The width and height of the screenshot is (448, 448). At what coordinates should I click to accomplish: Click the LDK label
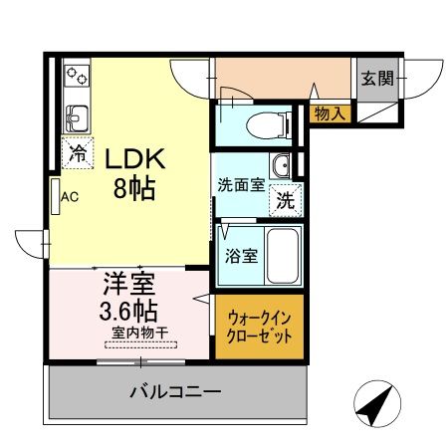click(129, 160)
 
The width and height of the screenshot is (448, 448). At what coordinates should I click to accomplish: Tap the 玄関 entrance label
click(377, 79)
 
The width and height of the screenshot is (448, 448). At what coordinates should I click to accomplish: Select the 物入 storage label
click(328, 113)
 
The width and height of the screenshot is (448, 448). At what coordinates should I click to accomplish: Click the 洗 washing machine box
click(286, 199)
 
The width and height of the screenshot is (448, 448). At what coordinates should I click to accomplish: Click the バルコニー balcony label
click(173, 391)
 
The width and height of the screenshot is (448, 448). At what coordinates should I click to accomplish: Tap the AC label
click(70, 197)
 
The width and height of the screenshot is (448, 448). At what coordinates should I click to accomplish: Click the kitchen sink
click(75, 120)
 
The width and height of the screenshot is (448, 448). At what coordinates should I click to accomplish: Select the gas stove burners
click(76, 78)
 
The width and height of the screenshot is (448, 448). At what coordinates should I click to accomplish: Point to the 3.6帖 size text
click(127, 310)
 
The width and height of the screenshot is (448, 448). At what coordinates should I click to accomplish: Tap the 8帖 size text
click(130, 188)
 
